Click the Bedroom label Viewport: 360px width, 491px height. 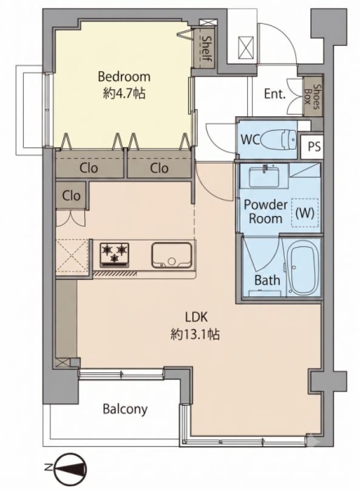point(124,77)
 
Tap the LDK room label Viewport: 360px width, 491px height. point(196,318)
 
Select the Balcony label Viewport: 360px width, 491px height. point(125,409)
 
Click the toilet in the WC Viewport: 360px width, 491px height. point(279,140)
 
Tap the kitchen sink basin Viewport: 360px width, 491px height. point(172,255)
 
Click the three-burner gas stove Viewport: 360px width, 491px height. point(115,255)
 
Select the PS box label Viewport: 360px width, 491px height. point(314,146)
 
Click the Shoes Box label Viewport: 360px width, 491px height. point(313,97)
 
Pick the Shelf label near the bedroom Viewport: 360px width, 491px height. point(207,48)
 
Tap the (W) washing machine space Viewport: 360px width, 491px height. point(305,213)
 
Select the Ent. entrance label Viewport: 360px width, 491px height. point(275,94)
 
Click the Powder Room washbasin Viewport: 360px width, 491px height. point(264,176)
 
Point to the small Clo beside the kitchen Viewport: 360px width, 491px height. point(71,196)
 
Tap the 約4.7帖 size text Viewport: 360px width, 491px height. point(124,93)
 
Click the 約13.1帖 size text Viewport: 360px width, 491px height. point(195,335)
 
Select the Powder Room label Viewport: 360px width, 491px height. point(265,211)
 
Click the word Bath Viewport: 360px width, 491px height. point(267,280)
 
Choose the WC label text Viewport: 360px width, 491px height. point(250,140)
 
